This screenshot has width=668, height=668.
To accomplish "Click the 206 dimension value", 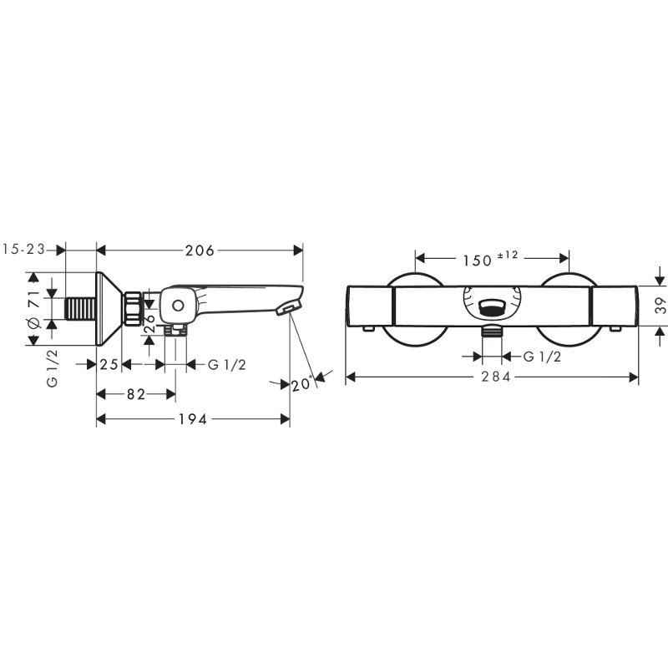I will [x=200, y=250].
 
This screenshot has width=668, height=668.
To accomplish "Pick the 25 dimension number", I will [x=109, y=364].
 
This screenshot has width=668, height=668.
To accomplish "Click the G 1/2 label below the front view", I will [x=540, y=357].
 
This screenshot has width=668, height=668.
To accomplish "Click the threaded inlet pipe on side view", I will [x=81, y=308].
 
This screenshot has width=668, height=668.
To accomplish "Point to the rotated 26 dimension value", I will [x=149, y=322].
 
